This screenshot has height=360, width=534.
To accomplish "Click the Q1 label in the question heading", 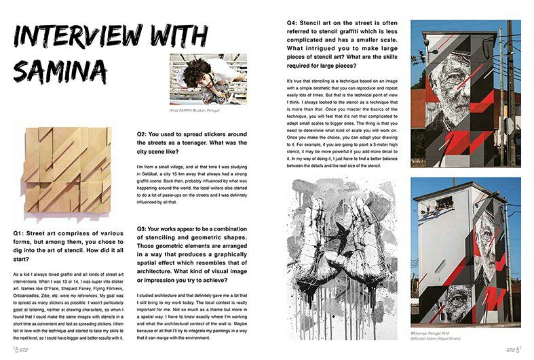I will (21, 231).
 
